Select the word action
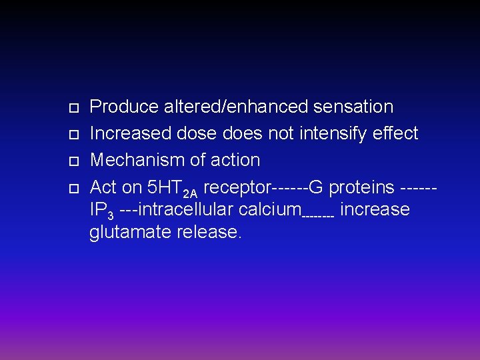(233, 160)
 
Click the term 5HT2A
(170, 188)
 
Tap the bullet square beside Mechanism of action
(74, 161)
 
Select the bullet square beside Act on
(74, 188)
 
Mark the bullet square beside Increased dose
(74, 135)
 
